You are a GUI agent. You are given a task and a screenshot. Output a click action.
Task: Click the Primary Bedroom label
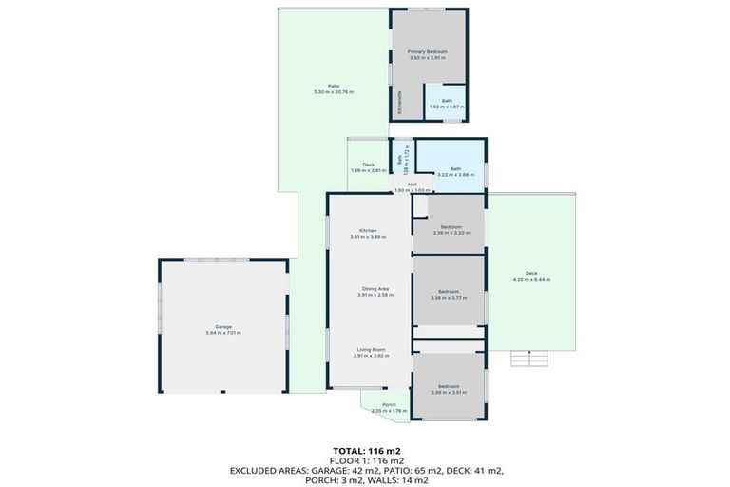coord(427,51)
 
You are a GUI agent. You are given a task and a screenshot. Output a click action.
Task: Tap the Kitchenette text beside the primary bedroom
coord(400,103)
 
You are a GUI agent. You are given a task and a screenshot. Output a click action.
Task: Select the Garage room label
coord(223,326)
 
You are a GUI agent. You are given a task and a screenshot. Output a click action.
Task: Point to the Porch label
coord(389,404)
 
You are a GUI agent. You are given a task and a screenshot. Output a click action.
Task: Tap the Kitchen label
coord(368,230)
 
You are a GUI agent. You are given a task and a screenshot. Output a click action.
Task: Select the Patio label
coord(334,86)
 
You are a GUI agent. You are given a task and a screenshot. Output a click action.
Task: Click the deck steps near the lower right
coord(530,359)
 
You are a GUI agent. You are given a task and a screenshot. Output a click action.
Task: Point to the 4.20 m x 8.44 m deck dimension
coord(531,280)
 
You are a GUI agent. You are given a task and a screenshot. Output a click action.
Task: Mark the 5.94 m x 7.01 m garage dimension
coord(223,333)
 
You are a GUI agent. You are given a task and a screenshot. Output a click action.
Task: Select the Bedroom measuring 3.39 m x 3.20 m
coord(450,227)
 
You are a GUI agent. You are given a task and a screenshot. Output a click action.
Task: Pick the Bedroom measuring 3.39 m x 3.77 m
coord(449,291)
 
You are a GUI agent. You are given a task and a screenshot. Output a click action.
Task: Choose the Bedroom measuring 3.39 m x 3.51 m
coord(449,385)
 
